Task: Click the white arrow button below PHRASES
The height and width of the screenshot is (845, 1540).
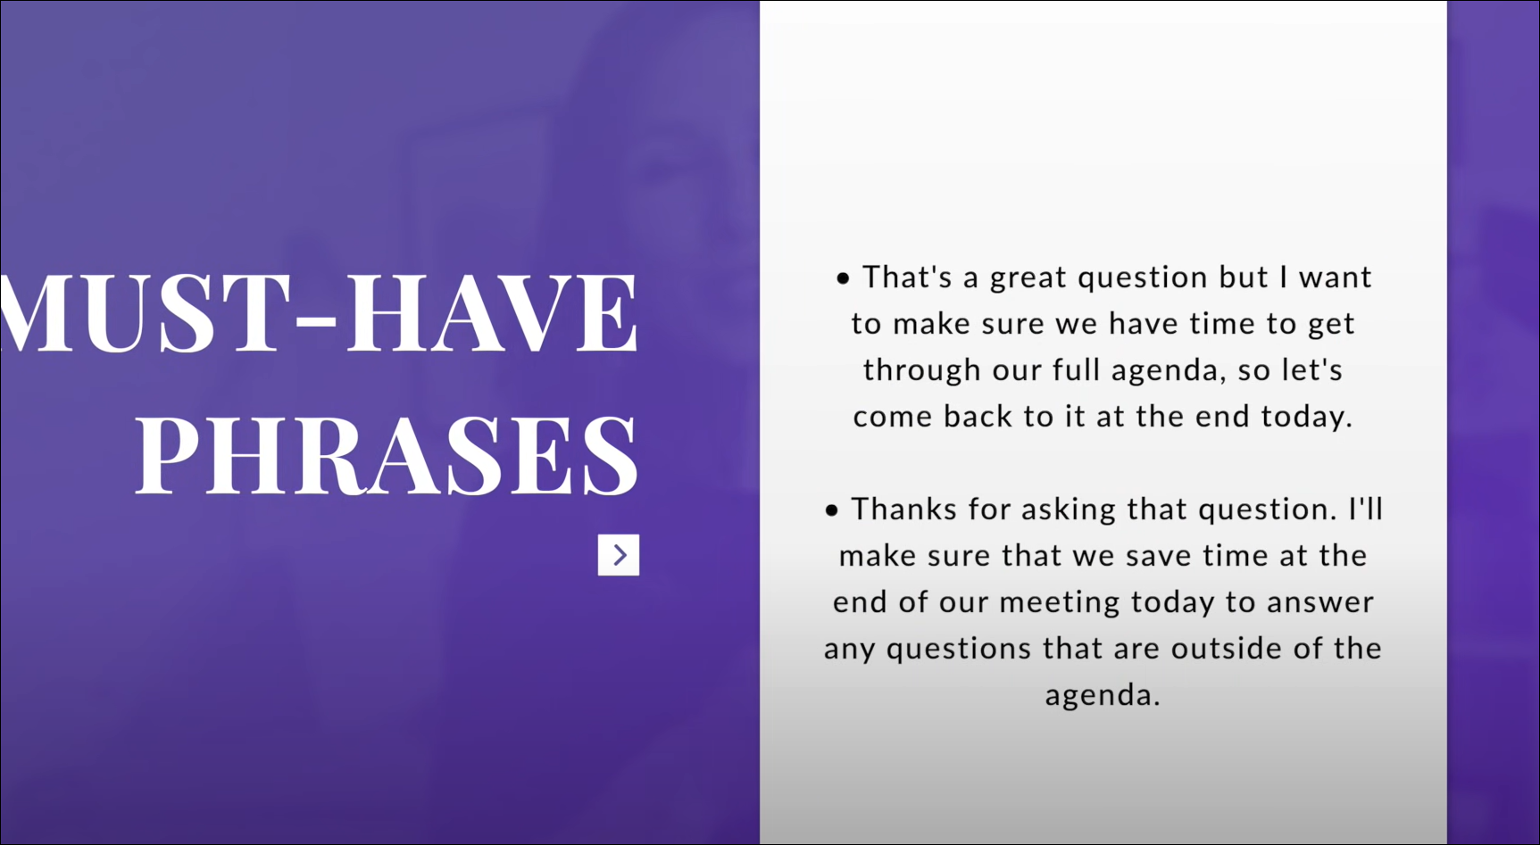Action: pyautogui.click(x=619, y=555)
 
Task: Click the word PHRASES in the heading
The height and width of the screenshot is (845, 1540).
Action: pyautogui.click(x=387, y=454)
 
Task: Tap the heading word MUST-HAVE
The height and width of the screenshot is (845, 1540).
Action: pyautogui.click(x=320, y=312)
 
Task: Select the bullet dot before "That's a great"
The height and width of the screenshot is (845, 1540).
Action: pyautogui.click(x=843, y=279)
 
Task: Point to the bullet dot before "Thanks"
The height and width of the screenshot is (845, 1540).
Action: pyautogui.click(x=832, y=511)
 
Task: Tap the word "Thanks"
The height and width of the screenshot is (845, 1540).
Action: pyautogui.click(x=904, y=509)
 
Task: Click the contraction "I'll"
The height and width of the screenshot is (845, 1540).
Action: pyautogui.click(x=1365, y=509)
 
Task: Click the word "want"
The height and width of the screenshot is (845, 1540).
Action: pyautogui.click(x=1335, y=279)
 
